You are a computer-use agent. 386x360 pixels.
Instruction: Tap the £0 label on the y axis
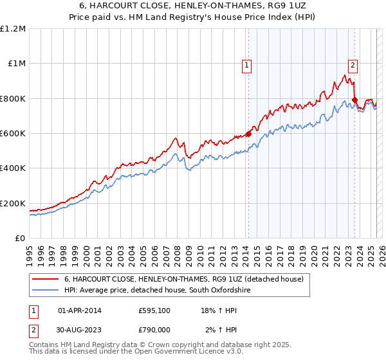19,239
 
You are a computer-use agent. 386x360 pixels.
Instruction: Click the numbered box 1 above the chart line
247,64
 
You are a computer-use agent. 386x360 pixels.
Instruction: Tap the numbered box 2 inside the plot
353,64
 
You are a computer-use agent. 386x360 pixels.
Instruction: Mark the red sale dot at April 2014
248,134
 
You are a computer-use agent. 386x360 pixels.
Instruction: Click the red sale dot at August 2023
354,100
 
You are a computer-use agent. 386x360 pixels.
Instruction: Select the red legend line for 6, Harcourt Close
45,280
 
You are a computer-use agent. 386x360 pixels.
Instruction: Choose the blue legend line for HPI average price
45,291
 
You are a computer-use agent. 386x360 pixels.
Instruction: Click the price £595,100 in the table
154,311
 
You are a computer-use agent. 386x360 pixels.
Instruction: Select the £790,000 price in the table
154,330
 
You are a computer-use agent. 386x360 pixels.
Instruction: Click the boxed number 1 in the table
32,311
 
